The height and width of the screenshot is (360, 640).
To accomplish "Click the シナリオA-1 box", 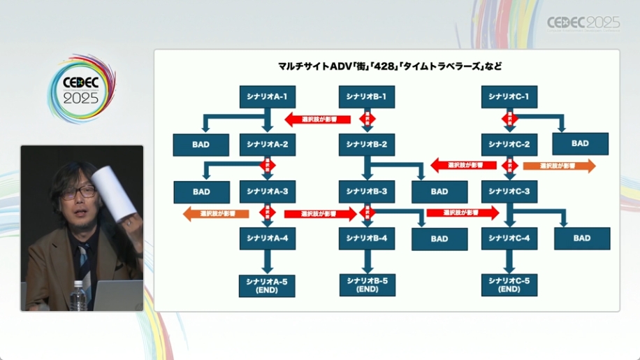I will pyautogui.click(x=267, y=96).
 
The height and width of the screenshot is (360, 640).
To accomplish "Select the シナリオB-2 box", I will pyautogui.click(x=366, y=144).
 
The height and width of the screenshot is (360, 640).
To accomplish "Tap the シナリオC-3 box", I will pyautogui.click(x=509, y=191).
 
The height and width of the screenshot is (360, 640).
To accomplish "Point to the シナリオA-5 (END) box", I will pyautogui.click(x=267, y=285).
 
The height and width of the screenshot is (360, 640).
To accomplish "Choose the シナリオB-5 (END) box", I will pyautogui.click(x=366, y=285).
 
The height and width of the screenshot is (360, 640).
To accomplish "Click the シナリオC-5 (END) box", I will pyautogui.click(x=509, y=285).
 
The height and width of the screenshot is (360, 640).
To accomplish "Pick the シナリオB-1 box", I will pyautogui.click(x=366, y=96).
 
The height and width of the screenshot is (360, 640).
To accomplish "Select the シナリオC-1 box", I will pyautogui.click(x=509, y=96).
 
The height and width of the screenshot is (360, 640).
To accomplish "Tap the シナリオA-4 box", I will pyautogui.click(x=267, y=238).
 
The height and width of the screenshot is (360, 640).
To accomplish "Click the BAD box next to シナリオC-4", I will pyautogui.click(x=582, y=238).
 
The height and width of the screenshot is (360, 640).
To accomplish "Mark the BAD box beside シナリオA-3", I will pyautogui.click(x=201, y=192).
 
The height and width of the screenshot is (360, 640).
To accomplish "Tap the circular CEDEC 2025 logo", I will pyautogui.click(x=81, y=89).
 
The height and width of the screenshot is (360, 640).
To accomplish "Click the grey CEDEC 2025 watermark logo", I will pyautogui.click(x=583, y=23).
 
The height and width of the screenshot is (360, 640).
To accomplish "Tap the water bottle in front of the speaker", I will pyautogui.click(x=79, y=295).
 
